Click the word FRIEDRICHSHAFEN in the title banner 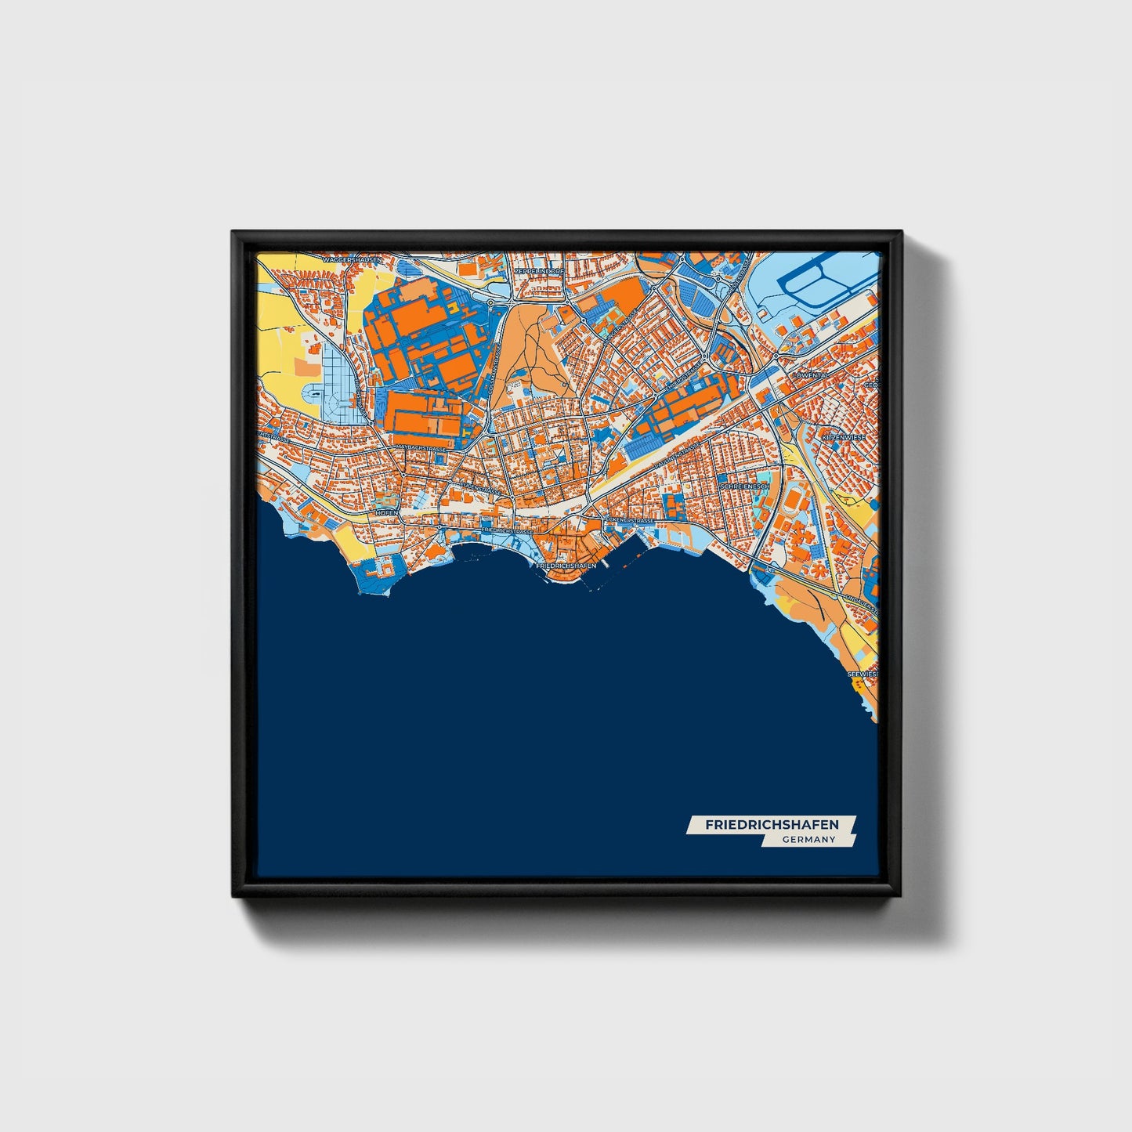click(772, 825)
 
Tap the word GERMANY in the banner click(808, 840)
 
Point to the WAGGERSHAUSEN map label click(352, 259)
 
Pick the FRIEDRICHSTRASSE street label click(508, 530)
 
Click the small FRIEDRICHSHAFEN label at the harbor click(566, 565)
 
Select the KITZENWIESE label click(842, 436)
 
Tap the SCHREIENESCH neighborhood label click(745, 486)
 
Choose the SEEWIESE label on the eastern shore click(863, 673)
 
